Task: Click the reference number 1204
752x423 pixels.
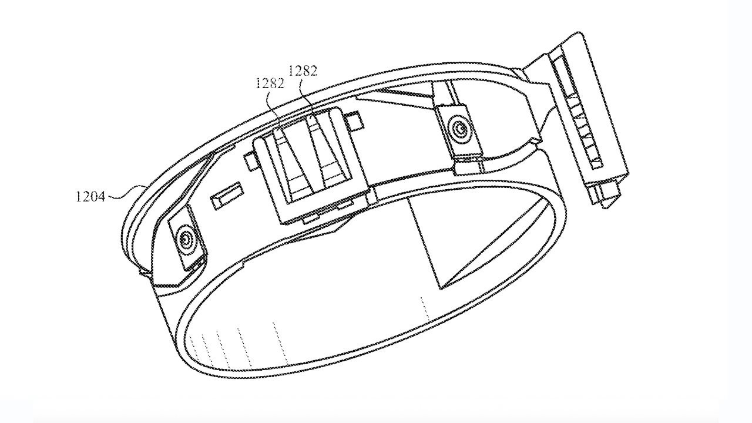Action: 90,196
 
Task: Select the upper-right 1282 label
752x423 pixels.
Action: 303,71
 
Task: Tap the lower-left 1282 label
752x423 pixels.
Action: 270,83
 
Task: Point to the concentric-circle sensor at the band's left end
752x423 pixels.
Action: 186,239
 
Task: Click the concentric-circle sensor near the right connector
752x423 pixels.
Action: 459,128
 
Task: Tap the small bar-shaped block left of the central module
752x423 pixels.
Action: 226,196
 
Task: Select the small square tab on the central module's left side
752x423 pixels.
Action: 250,161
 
